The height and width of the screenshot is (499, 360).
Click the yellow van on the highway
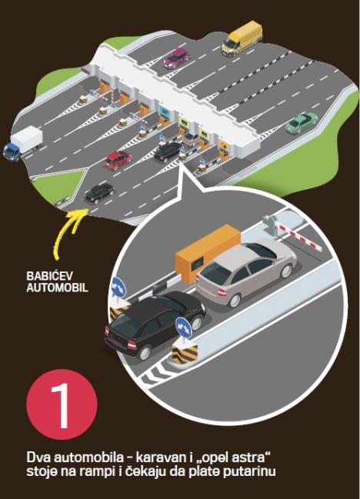tap(242, 38)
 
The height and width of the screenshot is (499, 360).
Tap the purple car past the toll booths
tap(176, 58)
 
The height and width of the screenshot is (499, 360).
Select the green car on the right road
tap(301, 122)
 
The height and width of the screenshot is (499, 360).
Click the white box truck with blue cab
tap(23, 143)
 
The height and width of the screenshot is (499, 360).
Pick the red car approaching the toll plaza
tap(118, 160)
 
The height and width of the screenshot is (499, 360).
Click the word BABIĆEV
tap(49, 276)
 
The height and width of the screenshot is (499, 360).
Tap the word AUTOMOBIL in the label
tap(57, 288)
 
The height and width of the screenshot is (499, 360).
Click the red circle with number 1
tap(62, 404)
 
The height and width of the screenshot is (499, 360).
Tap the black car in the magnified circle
tap(155, 324)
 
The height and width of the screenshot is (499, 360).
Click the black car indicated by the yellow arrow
tap(99, 193)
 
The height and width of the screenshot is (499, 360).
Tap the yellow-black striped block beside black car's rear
tap(185, 354)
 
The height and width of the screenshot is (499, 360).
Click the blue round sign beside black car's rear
tap(184, 328)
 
